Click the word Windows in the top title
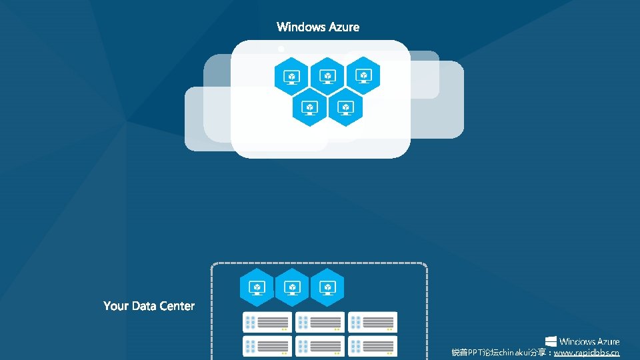(x=301, y=27)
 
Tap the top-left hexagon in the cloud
(x=291, y=76)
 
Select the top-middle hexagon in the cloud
(x=327, y=76)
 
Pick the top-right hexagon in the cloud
(x=363, y=76)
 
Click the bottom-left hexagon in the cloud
(x=309, y=107)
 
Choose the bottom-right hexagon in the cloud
(x=345, y=107)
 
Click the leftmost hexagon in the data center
(x=257, y=287)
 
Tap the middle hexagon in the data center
(x=292, y=287)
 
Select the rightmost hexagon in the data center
(x=327, y=287)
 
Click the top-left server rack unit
(x=267, y=322)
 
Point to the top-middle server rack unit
(x=320, y=322)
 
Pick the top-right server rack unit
(x=373, y=322)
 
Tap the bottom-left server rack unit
(x=267, y=346)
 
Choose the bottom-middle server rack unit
(x=320, y=346)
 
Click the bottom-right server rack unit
(x=373, y=346)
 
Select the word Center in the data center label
(x=177, y=306)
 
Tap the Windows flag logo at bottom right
(x=551, y=341)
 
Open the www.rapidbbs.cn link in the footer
(x=586, y=353)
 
